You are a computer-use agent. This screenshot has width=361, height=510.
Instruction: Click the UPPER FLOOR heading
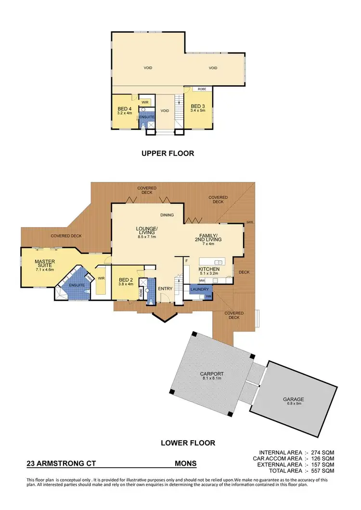168,153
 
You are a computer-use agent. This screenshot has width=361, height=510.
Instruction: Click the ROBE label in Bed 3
202,89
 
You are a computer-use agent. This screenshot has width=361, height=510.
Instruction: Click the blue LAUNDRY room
199,289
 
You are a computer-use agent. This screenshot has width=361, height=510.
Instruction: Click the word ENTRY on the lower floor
165,289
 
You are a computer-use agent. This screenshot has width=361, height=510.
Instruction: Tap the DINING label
167,215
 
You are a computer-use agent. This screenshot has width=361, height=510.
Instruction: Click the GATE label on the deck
249,222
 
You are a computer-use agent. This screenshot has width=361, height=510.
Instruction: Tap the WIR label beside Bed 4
145,102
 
